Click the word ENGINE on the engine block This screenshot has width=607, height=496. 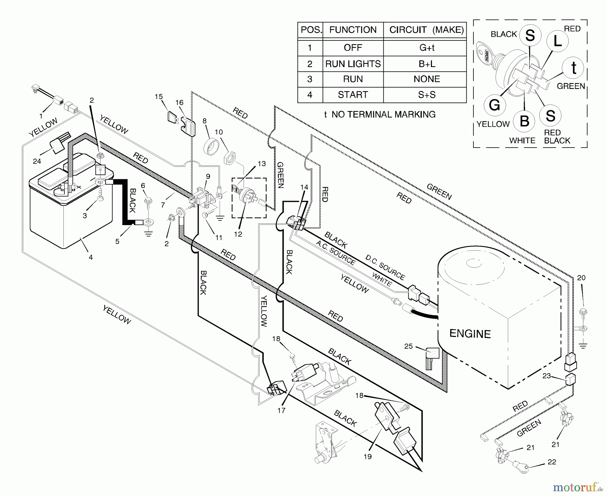click(470, 334)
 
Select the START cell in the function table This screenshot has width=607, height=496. click(353, 95)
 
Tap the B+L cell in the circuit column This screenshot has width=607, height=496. click(427, 64)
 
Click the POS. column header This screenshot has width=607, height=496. click(310, 30)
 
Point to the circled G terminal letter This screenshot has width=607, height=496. click(494, 105)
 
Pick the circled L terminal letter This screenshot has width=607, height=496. click(558, 41)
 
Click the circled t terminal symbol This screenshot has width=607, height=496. click(573, 68)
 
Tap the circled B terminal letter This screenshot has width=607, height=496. click(524, 121)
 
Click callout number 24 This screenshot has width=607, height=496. click(37, 161)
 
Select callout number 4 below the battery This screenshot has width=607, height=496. click(91, 257)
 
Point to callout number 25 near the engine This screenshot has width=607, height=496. click(408, 346)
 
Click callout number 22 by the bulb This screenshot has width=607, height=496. click(551, 462)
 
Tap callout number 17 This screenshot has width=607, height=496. click(281, 410)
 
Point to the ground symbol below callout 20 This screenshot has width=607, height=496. click(583, 345)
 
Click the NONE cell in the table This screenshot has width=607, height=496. click(427, 79)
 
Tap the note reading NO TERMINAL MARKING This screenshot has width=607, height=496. click(380, 115)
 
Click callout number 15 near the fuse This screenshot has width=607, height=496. click(158, 97)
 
